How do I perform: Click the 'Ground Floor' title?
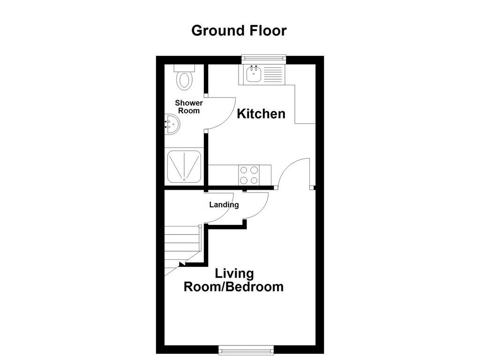[x=239, y=30]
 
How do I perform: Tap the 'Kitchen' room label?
[x=261, y=113]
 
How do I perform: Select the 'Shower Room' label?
[x=189, y=107]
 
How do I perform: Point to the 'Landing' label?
[x=224, y=204]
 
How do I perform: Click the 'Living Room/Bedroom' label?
[x=233, y=280]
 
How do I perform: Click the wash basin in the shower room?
[x=171, y=125]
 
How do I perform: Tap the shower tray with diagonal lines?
[x=184, y=166]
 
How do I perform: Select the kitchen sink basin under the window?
[x=254, y=74]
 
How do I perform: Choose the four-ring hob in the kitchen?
[x=249, y=175]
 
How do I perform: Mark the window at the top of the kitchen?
[x=263, y=58]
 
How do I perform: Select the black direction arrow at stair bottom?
[x=181, y=264]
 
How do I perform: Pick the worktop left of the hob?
[x=223, y=175]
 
